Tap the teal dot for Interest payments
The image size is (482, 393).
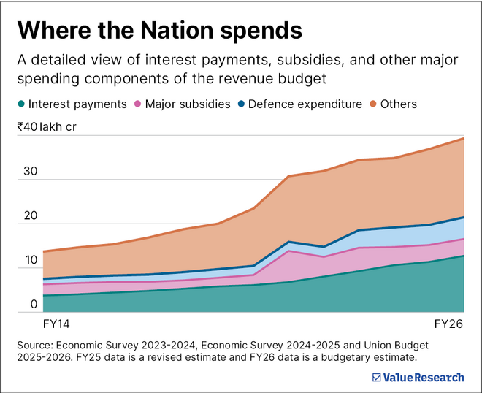tap(23, 104)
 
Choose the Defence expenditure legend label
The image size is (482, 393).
tap(305, 104)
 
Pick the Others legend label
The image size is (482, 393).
tap(399, 104)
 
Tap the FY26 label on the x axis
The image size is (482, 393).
tap(449, 323)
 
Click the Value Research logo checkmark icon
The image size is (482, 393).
tap(376, 377)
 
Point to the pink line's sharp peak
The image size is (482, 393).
tap(290, 251)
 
